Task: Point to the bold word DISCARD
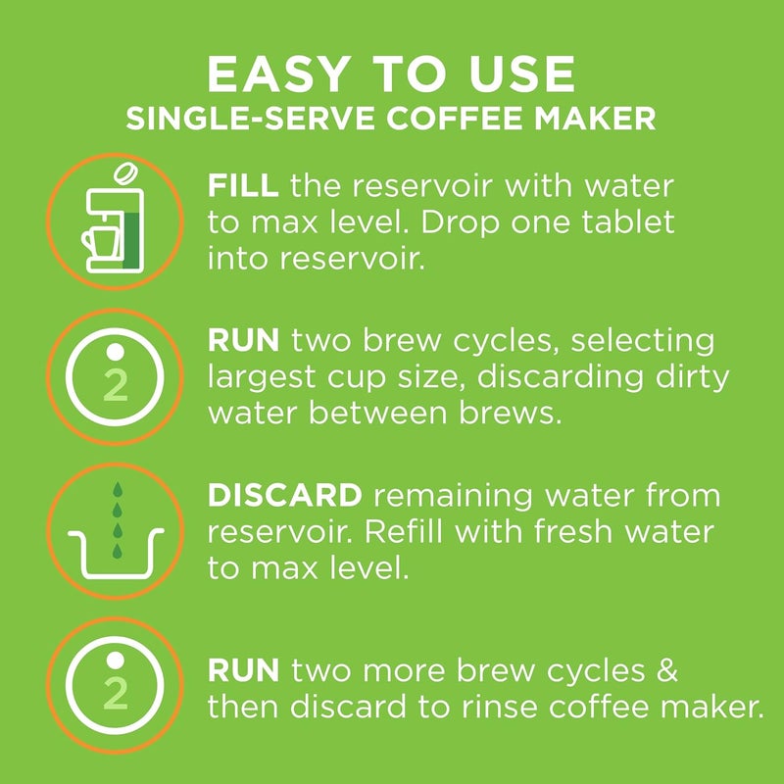tap(285, 495)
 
